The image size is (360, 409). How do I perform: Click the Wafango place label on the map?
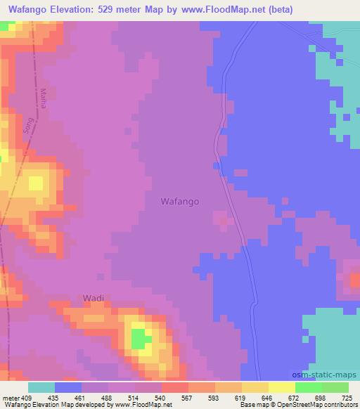(x=180, y=201)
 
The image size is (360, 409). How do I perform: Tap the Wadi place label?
(x=94, y=298)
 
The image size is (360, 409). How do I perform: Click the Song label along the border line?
(x=28, y=125)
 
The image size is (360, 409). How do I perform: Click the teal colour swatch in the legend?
(x=41, y=387)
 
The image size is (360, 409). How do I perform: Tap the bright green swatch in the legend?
(x=309, y=387)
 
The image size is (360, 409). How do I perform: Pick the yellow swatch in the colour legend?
(x=282, y=387)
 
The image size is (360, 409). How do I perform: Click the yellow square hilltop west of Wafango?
(x=34, y=184)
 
